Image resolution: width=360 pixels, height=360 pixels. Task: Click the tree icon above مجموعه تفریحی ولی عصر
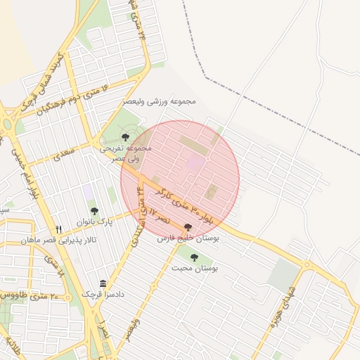[x=126, y=136]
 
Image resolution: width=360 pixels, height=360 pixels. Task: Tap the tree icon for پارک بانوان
[x=95, y=211]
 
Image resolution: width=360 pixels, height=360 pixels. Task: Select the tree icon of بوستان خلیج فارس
[x=188, y=227]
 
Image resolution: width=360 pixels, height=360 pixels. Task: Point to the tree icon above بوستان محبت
[x=194, y=257]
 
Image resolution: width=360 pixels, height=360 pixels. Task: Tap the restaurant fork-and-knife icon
[x=59, y=229]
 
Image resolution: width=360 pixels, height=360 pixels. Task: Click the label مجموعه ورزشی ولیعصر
[x=162, y=102]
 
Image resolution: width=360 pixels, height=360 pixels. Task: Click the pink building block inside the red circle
[x=195, y=163]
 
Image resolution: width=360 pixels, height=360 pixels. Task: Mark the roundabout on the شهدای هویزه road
[x=306, y=265]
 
